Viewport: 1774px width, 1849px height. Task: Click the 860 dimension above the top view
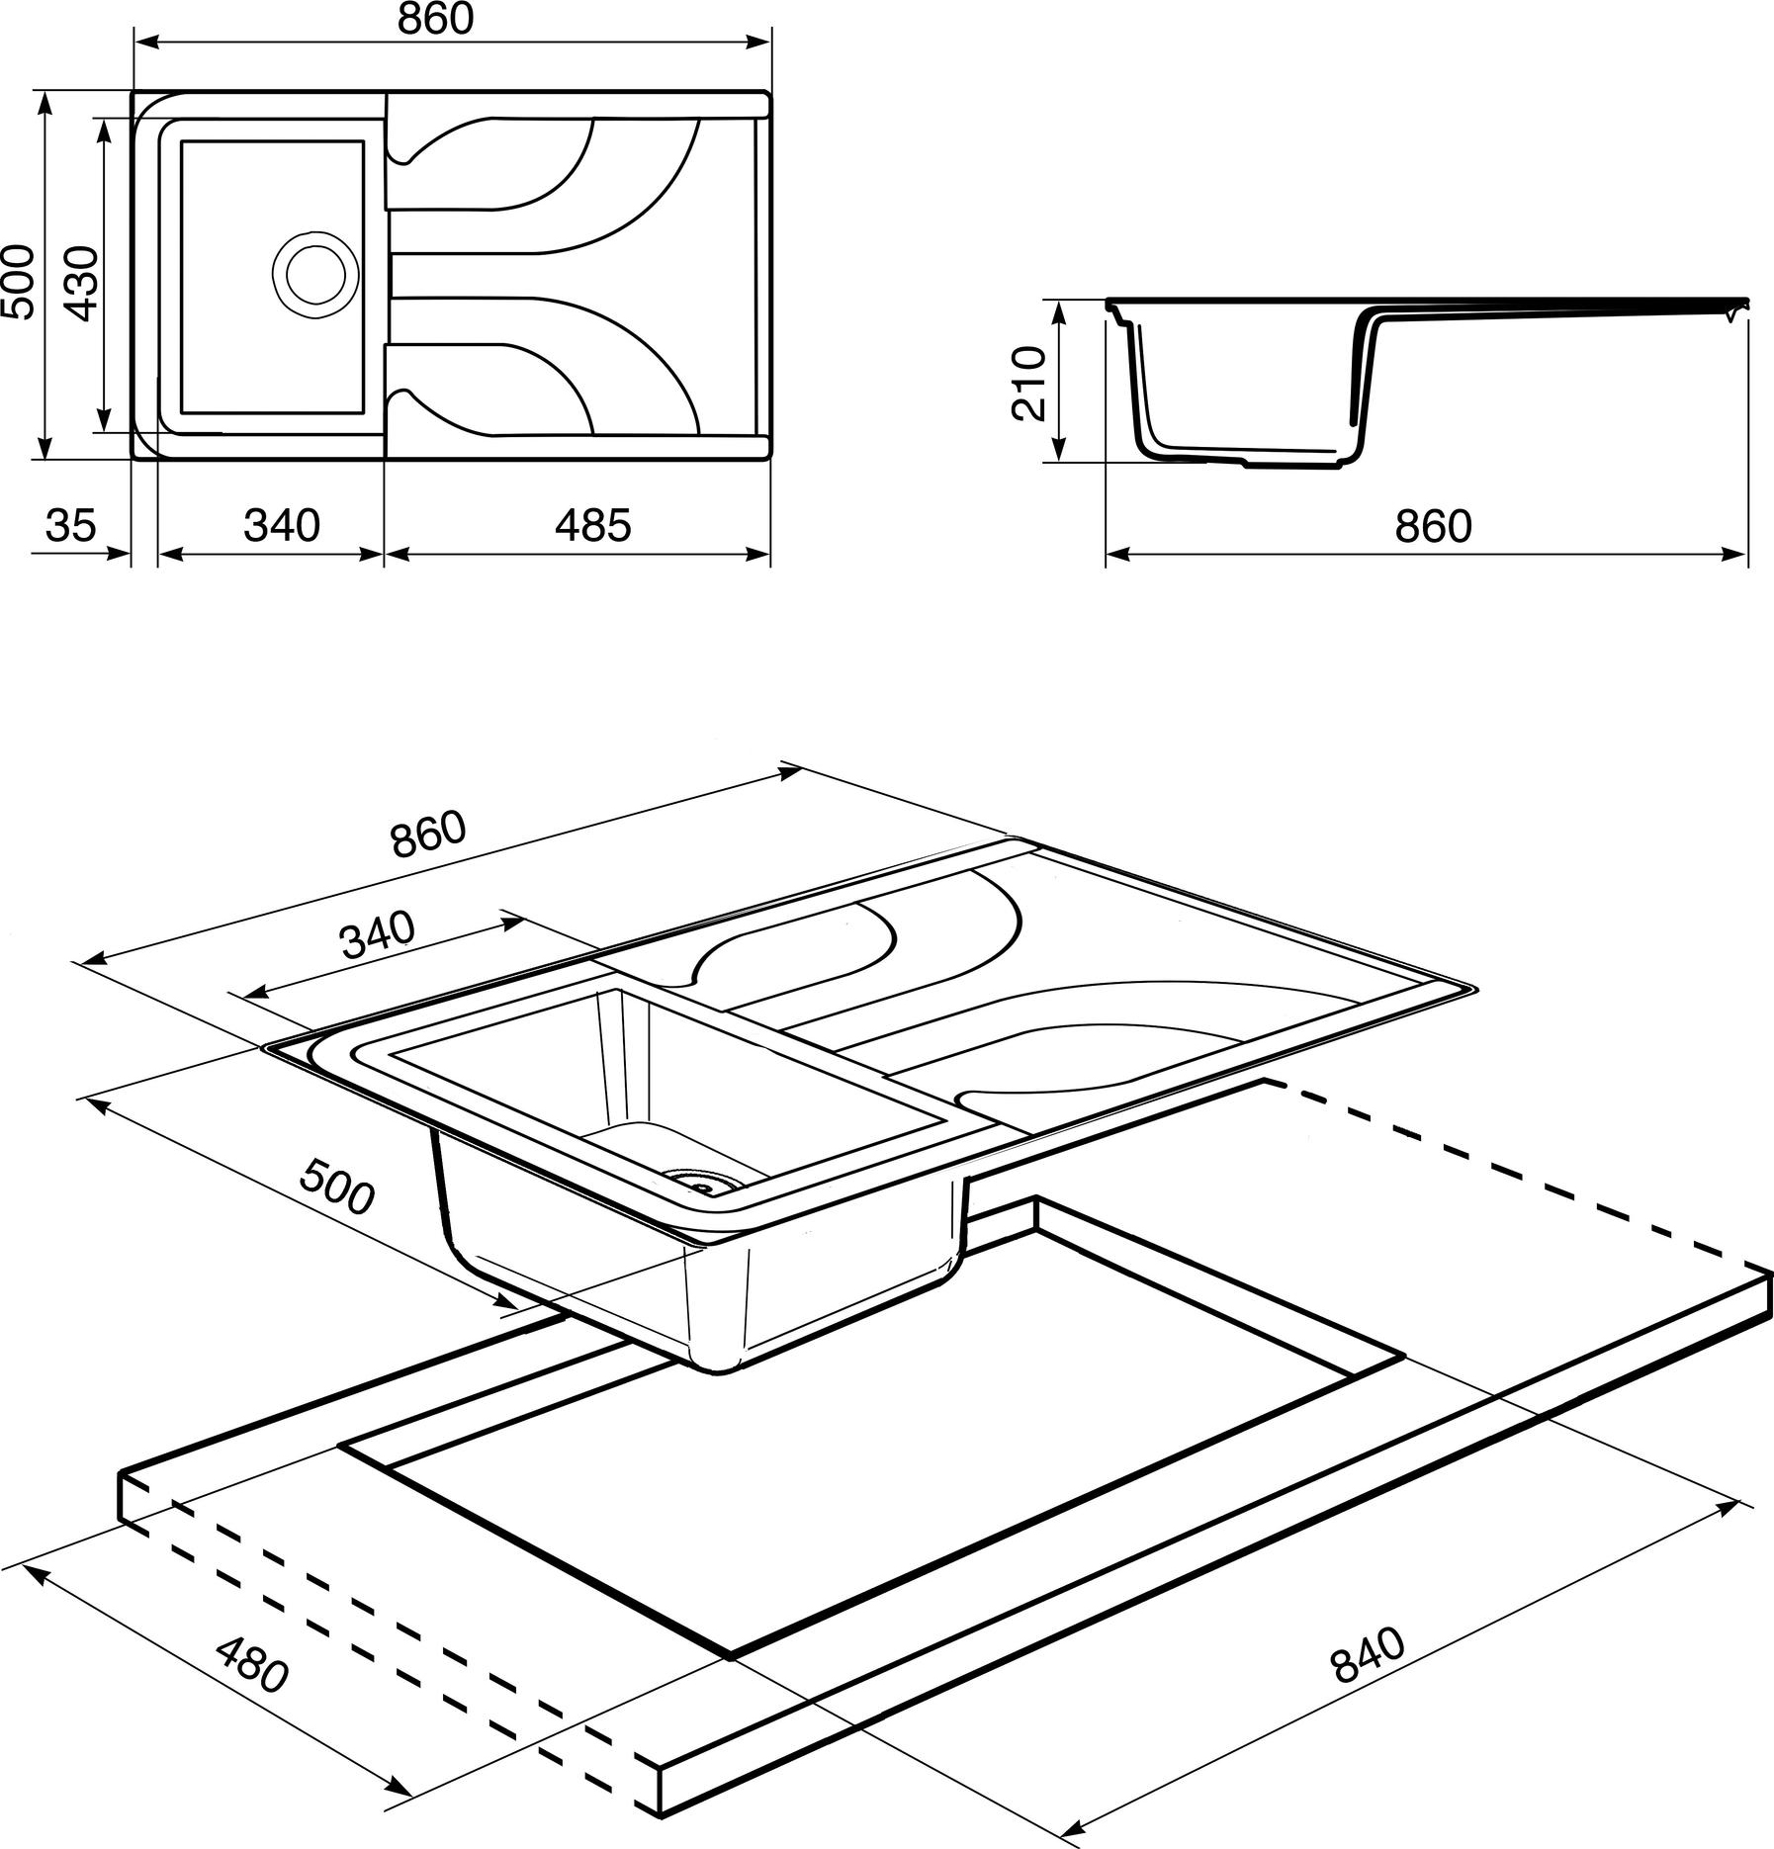(x=436, y=20)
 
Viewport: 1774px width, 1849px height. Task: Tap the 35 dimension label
(x=70, y=525)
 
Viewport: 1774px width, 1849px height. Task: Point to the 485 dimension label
(x=592, y=525)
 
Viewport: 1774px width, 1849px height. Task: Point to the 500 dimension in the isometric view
(x=337, y=1187)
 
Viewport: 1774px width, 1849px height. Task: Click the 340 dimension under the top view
(x=282, y=525)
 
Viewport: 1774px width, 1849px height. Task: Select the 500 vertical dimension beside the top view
(x=18, y=283)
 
